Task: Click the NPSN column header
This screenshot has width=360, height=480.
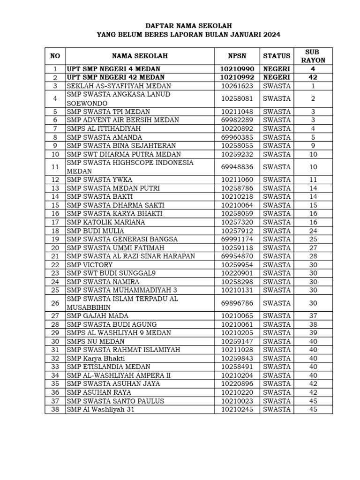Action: tap(237, 56)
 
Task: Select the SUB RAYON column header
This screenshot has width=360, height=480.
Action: tap(313, 56)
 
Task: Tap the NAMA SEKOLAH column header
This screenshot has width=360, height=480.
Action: tap(140, 56)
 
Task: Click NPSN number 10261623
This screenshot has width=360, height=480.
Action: tap(237, 86)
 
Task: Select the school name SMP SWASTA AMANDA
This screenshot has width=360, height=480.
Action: tap(104, 137)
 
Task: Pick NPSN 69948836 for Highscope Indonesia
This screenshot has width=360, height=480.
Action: tap(237, 167)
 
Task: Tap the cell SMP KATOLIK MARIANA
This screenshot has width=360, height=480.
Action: tap(106, 222)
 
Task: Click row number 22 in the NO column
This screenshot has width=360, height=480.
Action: tap(55, 265)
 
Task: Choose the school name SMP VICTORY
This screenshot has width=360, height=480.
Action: tap(90, 265)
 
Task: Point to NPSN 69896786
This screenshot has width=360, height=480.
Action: tap(237, 303)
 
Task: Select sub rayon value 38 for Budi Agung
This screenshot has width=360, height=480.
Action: tap(313, 324)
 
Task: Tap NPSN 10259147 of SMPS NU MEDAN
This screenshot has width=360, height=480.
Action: tap(237, 341)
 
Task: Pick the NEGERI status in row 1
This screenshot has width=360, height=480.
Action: tap(277, 69)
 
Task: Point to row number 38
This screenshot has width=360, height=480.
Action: tap(55, 409)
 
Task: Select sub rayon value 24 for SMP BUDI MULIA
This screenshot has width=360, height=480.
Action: tap(313, 231)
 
